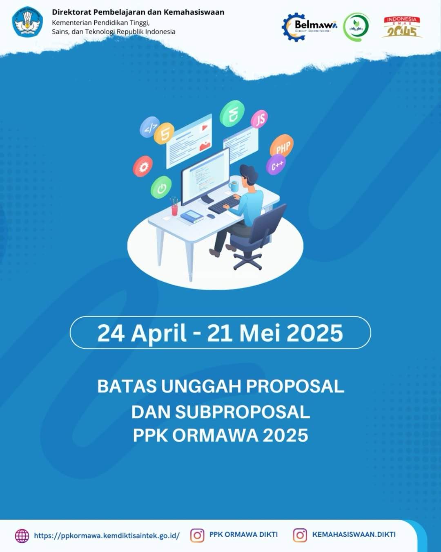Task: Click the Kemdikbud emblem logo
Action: click(27, 22)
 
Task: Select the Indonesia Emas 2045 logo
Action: click(402, 27)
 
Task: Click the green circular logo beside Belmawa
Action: click(356, 27)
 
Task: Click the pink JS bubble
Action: click(260, 119)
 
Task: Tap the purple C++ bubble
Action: click(276, 165)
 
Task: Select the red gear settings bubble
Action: click(143, 166)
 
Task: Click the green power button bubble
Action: click(161, 188)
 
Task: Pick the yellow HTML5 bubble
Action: click(165, 133)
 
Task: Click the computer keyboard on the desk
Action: click(224, 204)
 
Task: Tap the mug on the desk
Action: click(234, 186)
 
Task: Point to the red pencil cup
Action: click(175, 209)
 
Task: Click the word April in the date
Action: click(159, 333)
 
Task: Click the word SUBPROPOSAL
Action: click(243, 412)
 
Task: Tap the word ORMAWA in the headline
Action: click(215, 435)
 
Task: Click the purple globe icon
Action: click(22, 536)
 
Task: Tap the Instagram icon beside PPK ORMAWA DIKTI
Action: click(197, 535)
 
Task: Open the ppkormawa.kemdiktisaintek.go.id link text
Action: click(107, 536)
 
